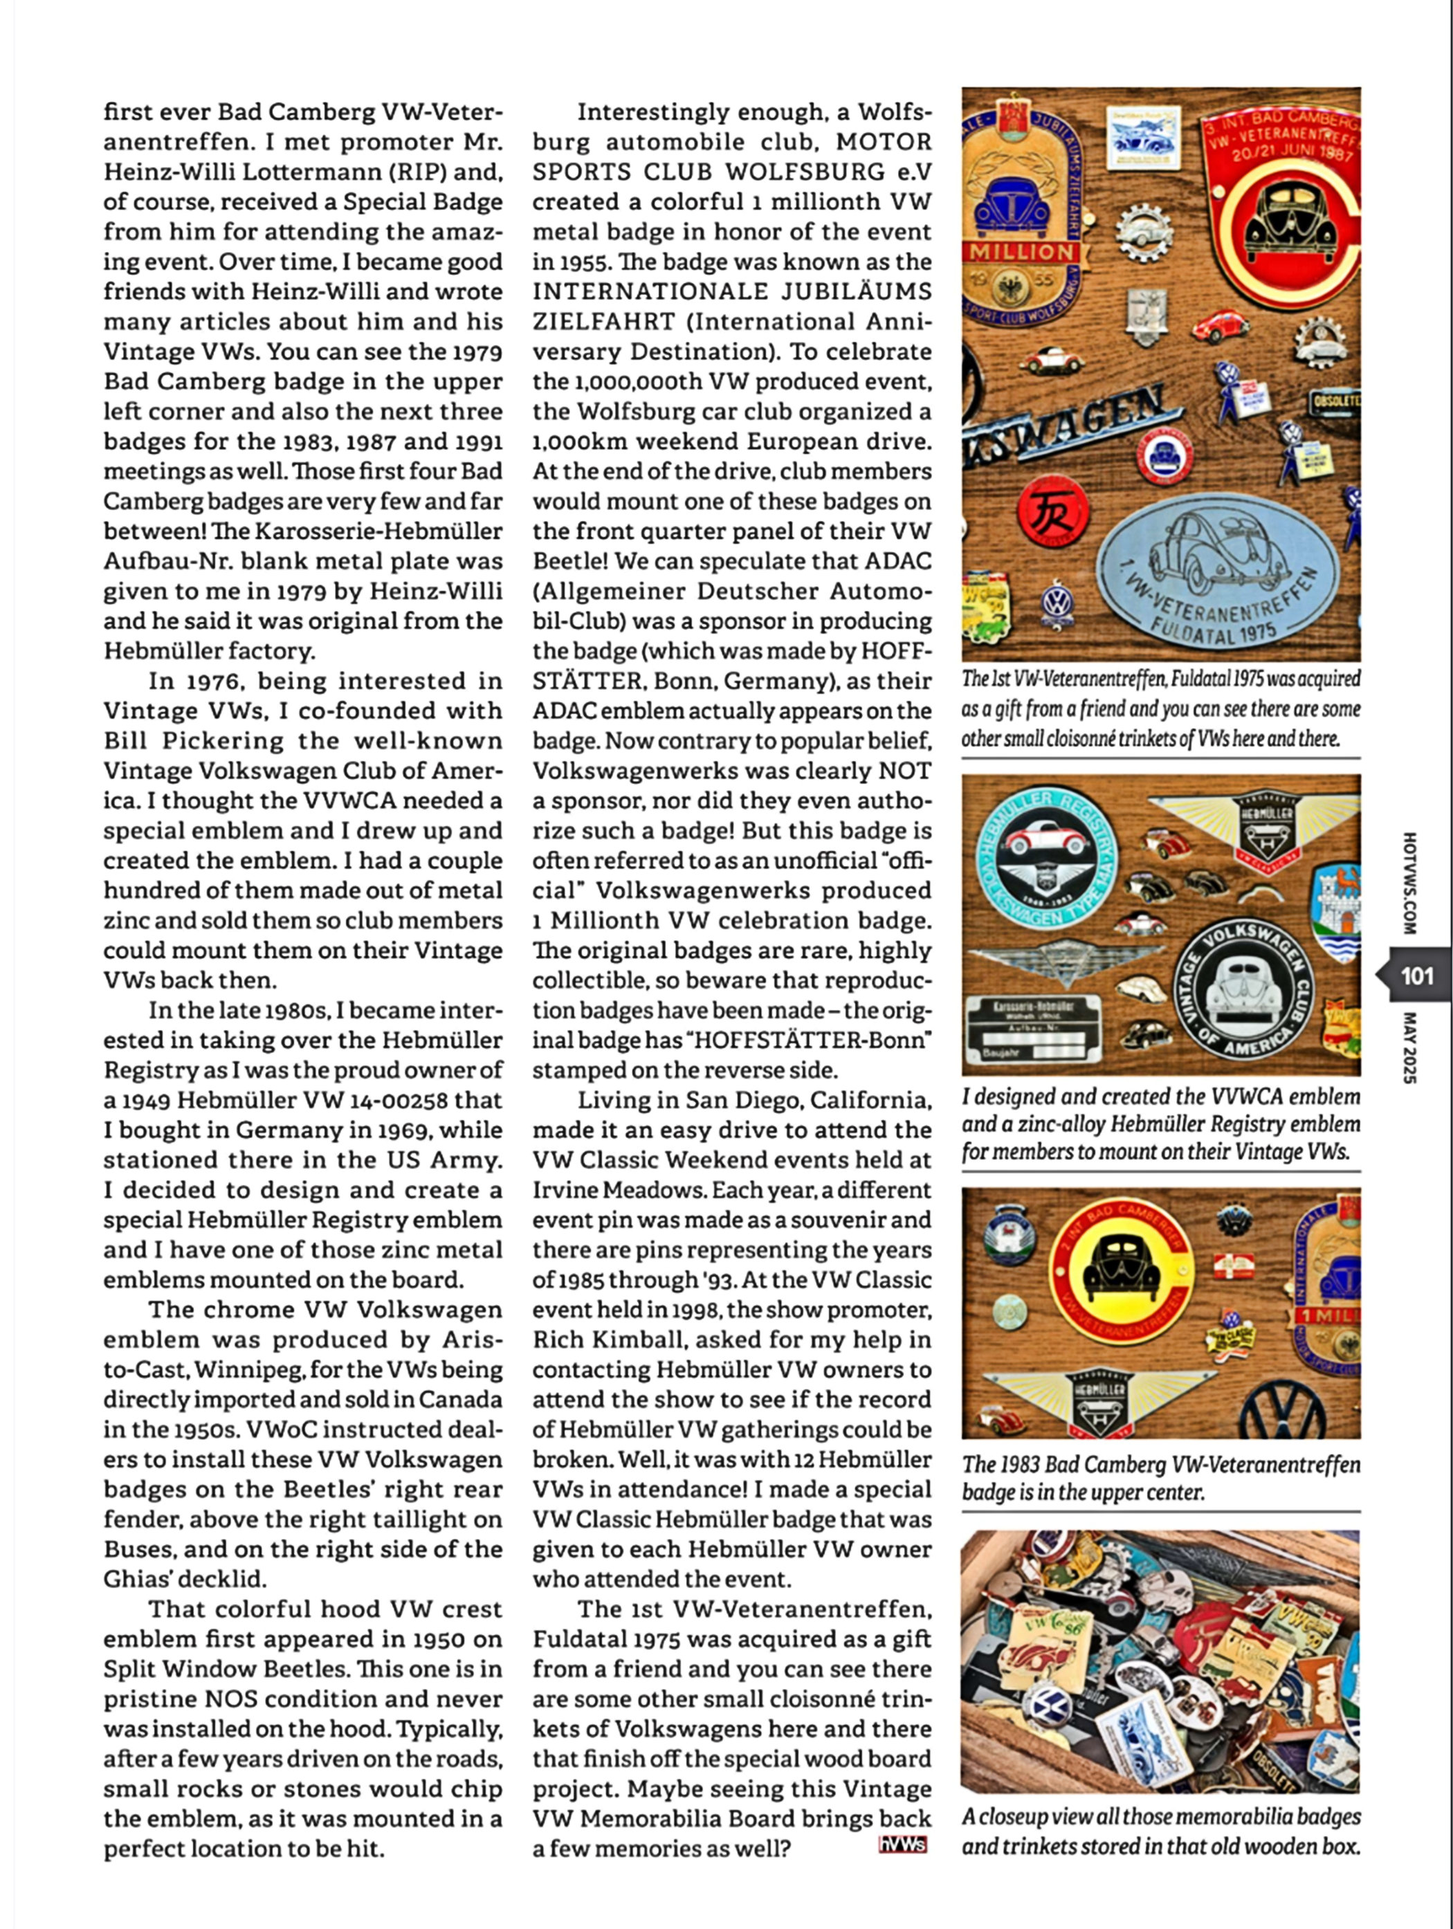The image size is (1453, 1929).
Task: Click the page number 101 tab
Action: click(x=1416, y=975)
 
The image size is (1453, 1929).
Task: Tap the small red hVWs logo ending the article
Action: click(x=903, y=1845)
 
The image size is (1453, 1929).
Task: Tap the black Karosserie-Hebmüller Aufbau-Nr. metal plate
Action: click(x=1034, y=1029)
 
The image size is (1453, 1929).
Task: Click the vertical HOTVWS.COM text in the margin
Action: click(x=1410, y=881)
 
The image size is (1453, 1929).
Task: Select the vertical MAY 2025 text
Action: click(x=1410, y=1046)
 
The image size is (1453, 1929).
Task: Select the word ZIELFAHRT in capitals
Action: click(x=603, y=322)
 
